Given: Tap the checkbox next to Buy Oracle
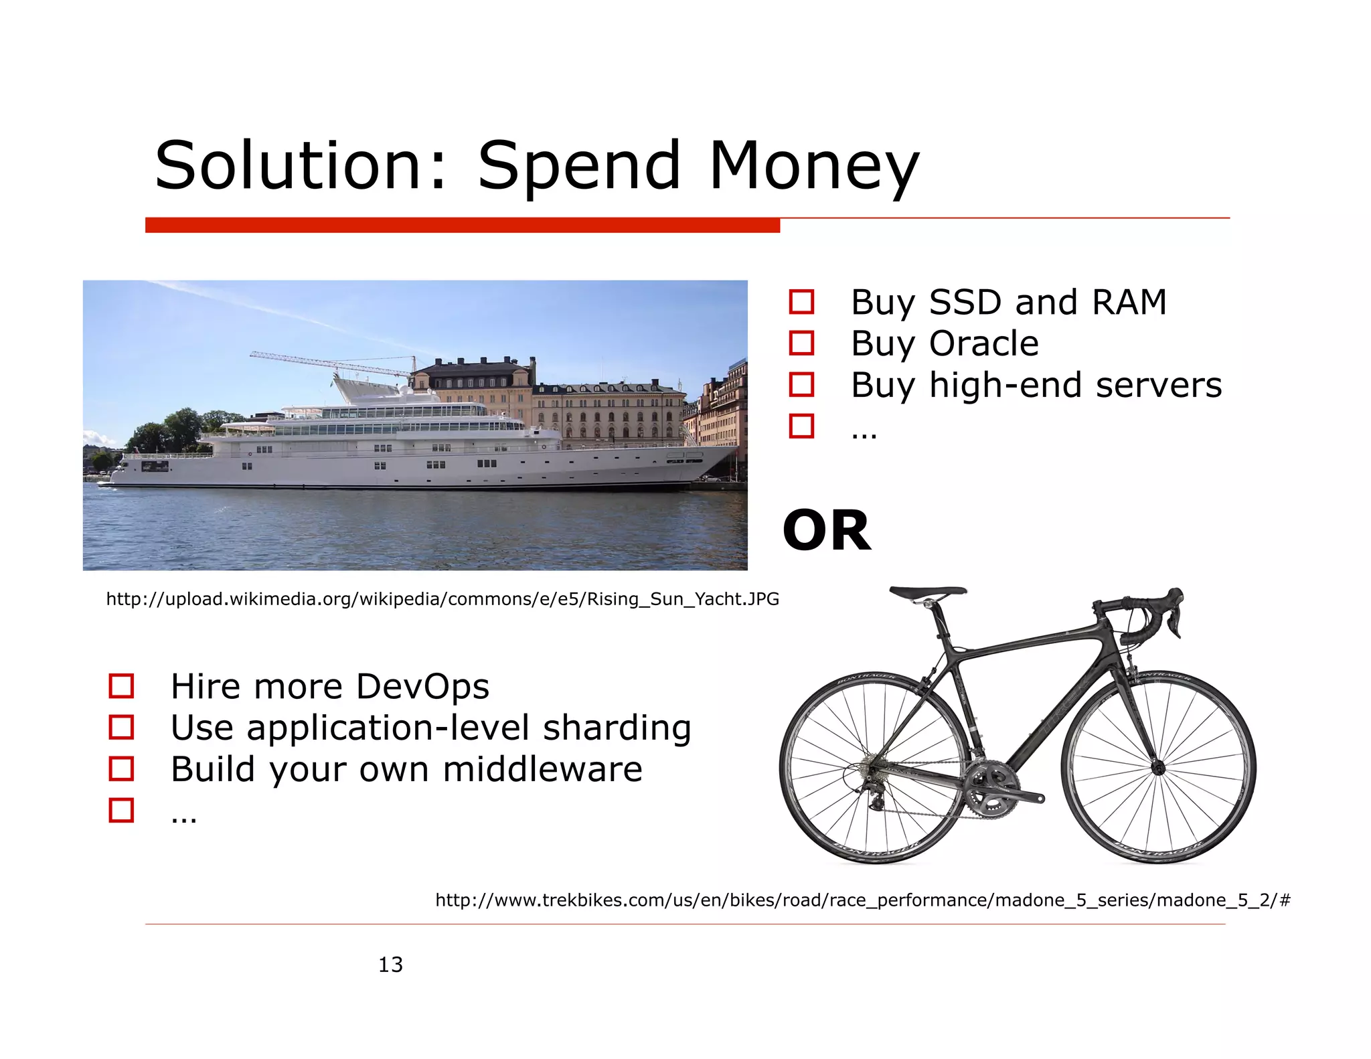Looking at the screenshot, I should (x=801, y=343).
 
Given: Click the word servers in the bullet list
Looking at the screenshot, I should (x=1158, y=386).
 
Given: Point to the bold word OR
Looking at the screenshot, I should (x=827, y=531).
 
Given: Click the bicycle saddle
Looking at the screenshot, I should (x=928, y=592).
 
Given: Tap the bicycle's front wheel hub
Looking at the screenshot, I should (x=1159, y=768).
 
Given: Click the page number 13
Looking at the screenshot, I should (x=390, y=965).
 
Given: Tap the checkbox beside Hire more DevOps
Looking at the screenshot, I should (x=121, y=686).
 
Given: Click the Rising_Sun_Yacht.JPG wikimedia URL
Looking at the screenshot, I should (x=442, y=599).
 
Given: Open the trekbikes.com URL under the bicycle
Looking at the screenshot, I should (x=862, y=900).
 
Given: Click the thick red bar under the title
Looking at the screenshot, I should (x=462, y=226).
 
